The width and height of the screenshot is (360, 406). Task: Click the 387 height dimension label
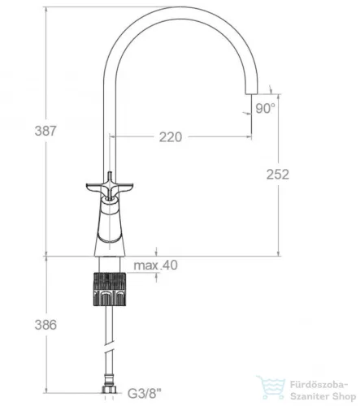pos(46,131)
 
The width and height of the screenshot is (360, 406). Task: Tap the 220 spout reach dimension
pos(171,137)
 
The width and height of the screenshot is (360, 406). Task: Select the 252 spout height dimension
pos(278,175)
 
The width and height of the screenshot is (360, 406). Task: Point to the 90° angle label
pos(265,109)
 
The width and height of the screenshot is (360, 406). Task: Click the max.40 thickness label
pos(156,266)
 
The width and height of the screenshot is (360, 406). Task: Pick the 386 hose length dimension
pos(46,325)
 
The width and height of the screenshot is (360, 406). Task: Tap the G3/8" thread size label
pos(144,393)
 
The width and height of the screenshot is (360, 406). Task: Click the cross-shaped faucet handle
pos(110,187)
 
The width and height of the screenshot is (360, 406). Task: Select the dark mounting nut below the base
pos(110,289)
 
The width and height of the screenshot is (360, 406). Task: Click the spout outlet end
pos(252,93)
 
